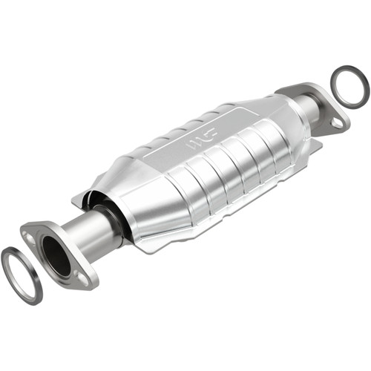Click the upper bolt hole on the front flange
29,236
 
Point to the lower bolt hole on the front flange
83,279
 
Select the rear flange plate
326,111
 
